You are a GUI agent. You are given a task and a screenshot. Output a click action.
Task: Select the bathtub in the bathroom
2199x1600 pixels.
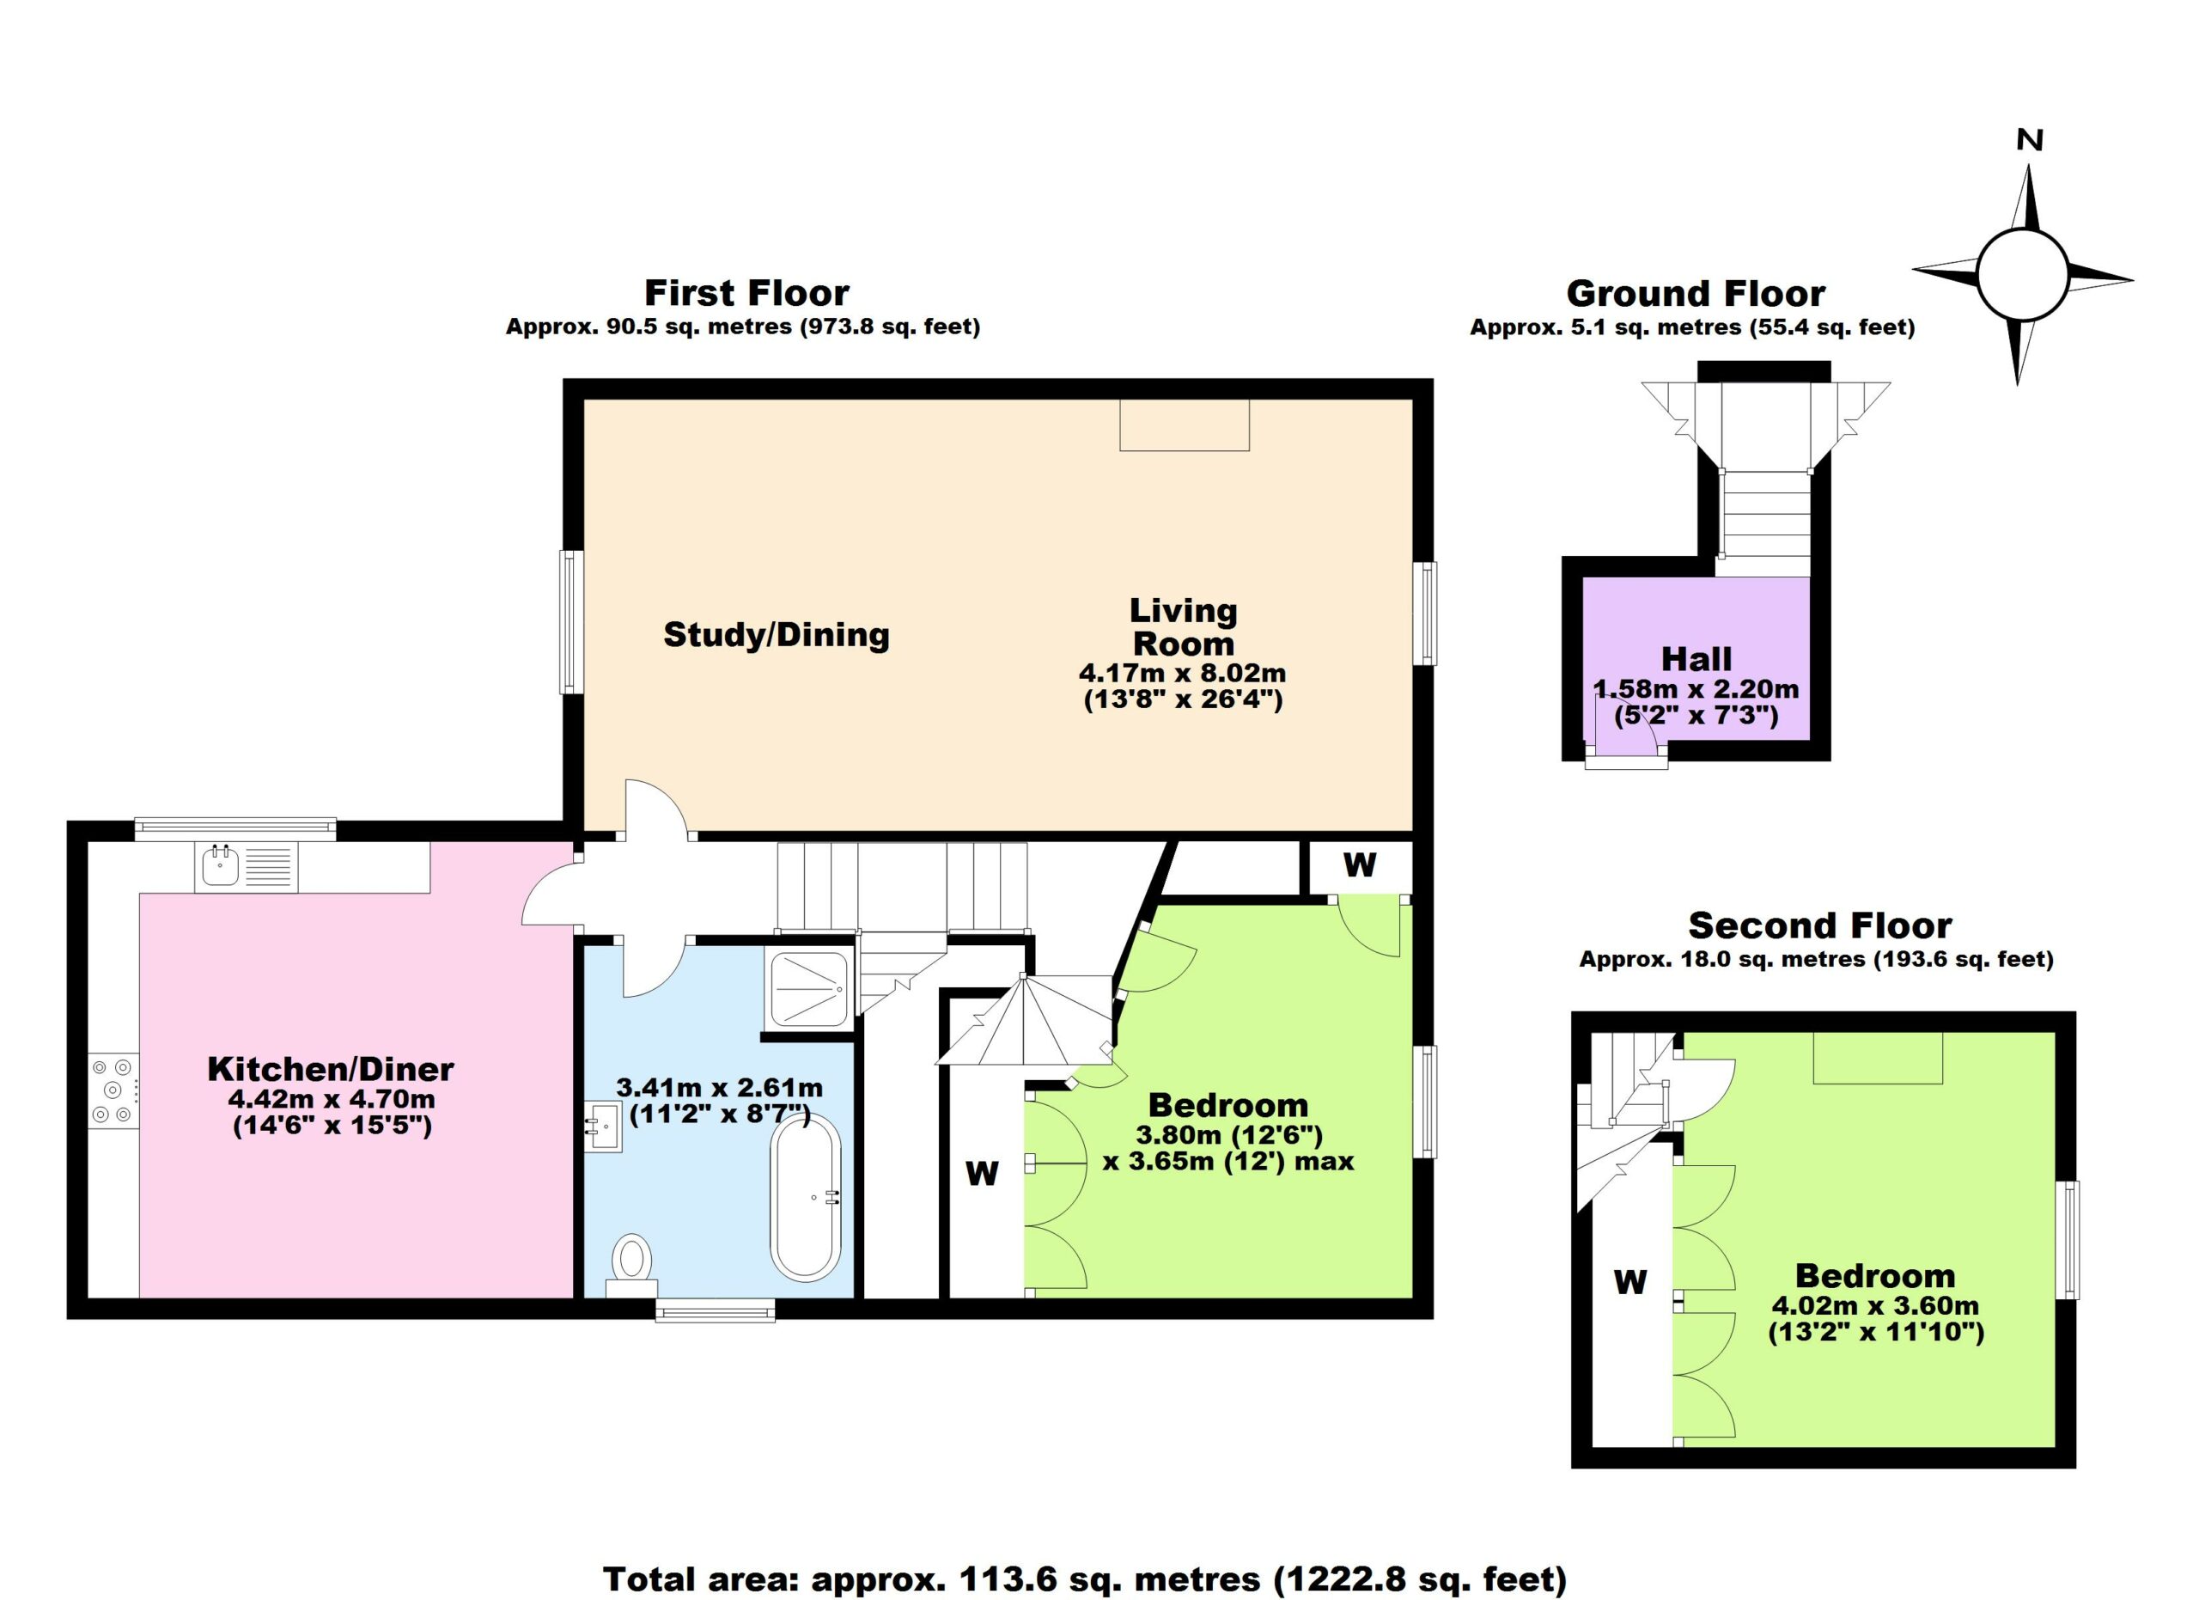[806, 1198]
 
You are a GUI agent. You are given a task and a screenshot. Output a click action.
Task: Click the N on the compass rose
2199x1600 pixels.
[2029, 141]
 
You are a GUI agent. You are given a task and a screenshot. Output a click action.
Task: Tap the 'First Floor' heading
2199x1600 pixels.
[746, 292]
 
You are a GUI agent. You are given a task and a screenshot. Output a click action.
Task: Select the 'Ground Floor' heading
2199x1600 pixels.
[1696, 293]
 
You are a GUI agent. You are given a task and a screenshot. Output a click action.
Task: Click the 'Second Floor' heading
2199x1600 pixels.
[1820, 925]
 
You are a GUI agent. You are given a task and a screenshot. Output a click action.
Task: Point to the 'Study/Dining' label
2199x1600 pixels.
[776, 634]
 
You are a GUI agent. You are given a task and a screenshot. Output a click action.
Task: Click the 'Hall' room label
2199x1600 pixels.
[1696, 659]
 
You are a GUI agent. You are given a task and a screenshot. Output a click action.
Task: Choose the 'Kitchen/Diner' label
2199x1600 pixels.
[331, 1069]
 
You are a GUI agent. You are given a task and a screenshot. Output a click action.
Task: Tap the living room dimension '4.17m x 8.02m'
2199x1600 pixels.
[1183, 672]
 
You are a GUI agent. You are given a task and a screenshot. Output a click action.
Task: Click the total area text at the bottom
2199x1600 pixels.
[1085, 1579]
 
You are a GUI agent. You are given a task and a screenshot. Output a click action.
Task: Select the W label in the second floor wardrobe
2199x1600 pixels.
[1629, 1282]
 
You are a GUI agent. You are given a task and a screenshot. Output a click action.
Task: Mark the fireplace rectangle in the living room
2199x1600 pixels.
[1184, 424]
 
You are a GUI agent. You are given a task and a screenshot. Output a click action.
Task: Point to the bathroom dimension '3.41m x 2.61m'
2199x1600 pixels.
[720, 1088]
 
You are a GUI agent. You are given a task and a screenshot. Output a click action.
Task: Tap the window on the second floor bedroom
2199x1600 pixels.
[2070, 1239]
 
